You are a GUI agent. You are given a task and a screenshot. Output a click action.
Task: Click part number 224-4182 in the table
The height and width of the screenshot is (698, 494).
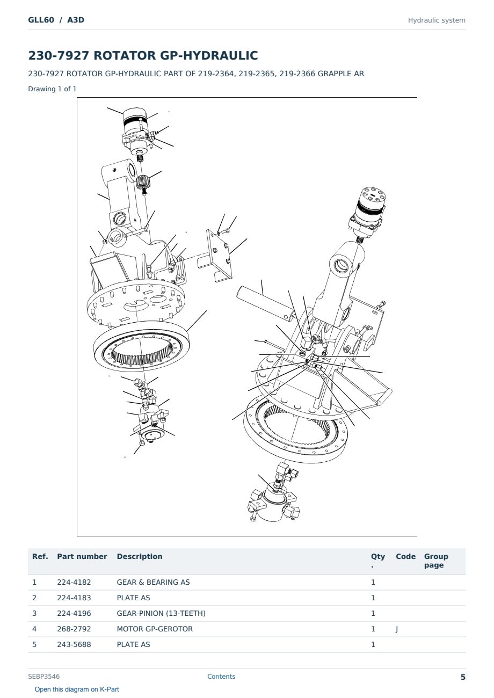74,582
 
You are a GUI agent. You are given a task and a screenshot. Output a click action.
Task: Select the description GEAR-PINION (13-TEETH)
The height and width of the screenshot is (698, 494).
161,613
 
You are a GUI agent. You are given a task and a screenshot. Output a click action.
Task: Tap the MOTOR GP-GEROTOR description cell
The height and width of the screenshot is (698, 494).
155,629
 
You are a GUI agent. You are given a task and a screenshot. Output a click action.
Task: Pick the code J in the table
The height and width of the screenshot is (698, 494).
397,629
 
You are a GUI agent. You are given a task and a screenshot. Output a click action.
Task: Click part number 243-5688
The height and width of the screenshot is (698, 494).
74,644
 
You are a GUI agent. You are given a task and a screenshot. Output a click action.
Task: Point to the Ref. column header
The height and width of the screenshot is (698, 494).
40,557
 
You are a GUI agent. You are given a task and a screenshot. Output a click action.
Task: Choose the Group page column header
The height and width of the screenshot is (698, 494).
436,561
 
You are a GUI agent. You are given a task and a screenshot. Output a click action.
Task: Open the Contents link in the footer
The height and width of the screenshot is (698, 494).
221,677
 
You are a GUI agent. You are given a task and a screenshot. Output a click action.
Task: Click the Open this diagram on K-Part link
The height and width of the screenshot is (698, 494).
77,689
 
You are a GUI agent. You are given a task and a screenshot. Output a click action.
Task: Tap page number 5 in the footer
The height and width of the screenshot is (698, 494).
463,677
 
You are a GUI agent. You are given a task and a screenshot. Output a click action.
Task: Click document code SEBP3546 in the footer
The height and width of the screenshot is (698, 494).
44,677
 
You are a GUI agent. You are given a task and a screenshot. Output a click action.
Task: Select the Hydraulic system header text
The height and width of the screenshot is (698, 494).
437,20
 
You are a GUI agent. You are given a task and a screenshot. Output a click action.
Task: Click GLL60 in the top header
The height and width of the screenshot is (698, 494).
41,20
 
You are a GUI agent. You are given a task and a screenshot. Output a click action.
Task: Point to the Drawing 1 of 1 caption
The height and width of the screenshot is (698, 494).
53,89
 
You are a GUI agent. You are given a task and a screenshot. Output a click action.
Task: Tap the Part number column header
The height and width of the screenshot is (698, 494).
82,557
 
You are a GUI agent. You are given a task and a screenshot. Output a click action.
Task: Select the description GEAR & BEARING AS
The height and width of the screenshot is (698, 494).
153,582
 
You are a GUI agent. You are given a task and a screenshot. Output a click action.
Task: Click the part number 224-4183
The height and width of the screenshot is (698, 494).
74,598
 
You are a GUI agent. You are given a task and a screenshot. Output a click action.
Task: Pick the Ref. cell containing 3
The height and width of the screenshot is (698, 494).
34,613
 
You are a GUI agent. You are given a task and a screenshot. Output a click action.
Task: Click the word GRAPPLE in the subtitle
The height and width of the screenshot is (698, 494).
332,74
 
